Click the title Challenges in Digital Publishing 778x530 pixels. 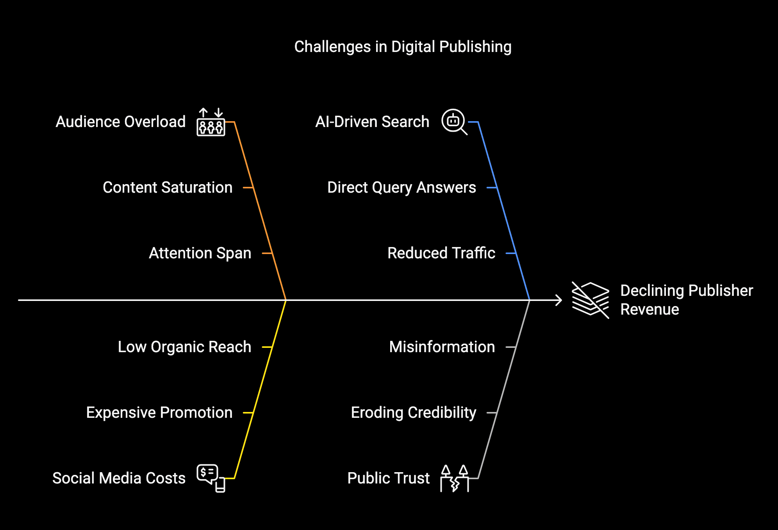point(403,47)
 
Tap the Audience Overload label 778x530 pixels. point(120,122)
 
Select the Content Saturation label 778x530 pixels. point(168,188)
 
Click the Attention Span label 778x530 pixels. point(200,253)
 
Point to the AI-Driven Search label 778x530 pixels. point(372,122)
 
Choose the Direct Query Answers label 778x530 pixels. point(401,188)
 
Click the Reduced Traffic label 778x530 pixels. point(441,253)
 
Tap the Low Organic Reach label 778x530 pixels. point(184,347)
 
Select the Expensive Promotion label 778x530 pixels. point(159,413)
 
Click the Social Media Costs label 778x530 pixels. point(119,478)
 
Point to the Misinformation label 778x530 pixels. point(442,347)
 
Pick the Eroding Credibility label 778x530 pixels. point(414,413)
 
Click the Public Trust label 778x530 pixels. point(389,478)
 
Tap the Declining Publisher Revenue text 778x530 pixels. point(686,300)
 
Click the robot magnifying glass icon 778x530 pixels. point(454,122)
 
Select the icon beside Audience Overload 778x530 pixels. point(211,122)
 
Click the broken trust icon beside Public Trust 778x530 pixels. point(454,478)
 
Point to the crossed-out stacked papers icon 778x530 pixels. point(590,300)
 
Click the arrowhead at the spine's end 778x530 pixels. point(559,300)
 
